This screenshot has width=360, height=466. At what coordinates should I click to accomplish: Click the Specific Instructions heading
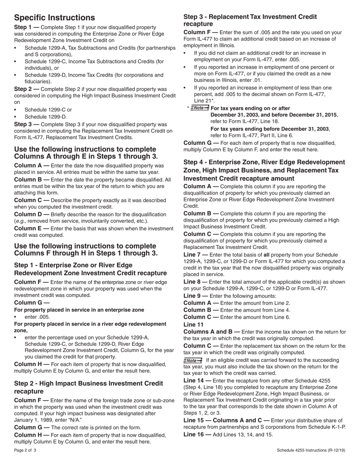point(55,18)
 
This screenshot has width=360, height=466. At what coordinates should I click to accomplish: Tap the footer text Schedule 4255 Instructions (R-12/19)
point(311,450)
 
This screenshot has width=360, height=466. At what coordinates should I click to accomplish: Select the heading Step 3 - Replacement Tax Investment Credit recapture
point(250,20)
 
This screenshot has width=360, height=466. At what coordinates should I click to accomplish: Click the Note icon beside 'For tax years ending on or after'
point(200,108)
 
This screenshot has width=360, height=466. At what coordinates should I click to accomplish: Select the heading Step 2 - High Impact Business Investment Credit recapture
point(88,387)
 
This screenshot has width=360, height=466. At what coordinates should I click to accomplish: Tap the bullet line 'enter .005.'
point(37,317)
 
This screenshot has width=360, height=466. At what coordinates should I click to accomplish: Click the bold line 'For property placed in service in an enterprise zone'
point(79,310)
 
